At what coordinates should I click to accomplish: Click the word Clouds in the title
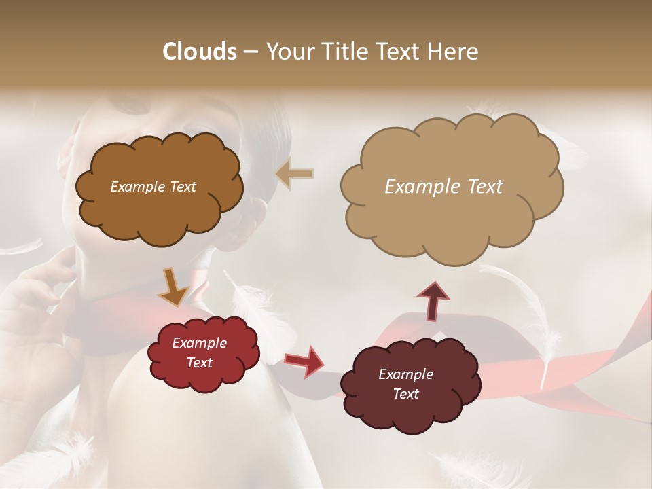tap(199, 52)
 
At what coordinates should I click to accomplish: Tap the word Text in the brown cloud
tap(183, 187)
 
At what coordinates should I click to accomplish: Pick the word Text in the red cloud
tap(200, 363)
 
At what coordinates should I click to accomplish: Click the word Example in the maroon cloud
tap(405, 374)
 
